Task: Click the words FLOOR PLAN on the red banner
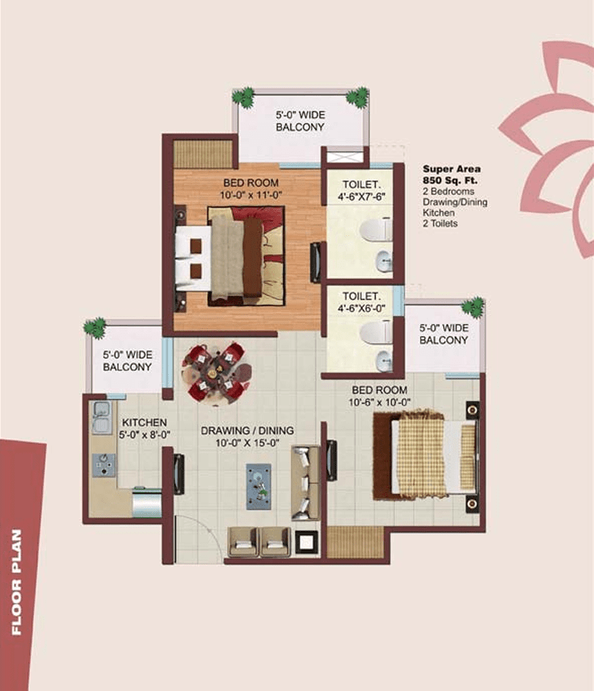click(x=17, y=583)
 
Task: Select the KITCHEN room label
click(x=144, y=423)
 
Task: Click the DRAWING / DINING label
click(x=247, y=430)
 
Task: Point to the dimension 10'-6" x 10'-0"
click(x=378, y=402)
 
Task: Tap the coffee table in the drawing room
click(x=259, y=485)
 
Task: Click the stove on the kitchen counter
click(x=103, y=465)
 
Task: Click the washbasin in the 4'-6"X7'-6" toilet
click(x=383, y=261)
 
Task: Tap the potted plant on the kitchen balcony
click(x=95, y=327)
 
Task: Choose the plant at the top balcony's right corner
click(x=356, y=97)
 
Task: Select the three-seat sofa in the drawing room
click(x=305, y=483)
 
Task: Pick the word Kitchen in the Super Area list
click(x=437, y=213)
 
